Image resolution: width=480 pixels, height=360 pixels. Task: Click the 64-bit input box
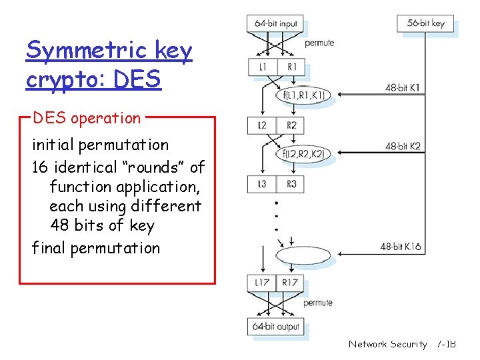pos(275,23)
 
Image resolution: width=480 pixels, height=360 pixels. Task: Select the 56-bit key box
pos(425,23)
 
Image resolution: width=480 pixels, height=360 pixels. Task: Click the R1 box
pos(291,67)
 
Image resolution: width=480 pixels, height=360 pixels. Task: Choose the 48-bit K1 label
pos(403,87)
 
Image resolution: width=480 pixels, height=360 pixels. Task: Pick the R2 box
pos(291,125)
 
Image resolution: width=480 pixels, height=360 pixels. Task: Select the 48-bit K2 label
pos(403,146)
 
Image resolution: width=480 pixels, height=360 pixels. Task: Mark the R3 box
pos(291,184)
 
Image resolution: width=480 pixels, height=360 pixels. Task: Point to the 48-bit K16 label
pos(401,247)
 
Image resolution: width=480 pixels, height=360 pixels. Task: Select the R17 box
pos(291,283)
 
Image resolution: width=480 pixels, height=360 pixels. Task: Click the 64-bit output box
pos(277,327)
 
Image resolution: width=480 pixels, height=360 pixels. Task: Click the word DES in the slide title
pos(138,79)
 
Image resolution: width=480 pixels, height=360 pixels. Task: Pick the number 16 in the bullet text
pos(41,167)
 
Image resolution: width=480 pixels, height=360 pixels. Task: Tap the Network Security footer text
pos(387,344)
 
